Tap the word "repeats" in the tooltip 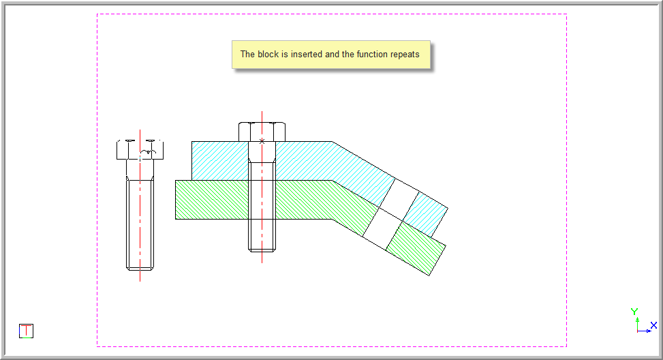405,55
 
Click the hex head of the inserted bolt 262,132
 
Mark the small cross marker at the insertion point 262,141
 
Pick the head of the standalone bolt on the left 140,149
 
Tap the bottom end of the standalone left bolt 140,268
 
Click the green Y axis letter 634,312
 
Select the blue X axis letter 653,325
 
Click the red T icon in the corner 26,331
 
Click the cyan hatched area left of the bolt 220,161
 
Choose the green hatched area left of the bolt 212,200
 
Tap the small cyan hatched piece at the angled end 425,214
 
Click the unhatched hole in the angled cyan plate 399,200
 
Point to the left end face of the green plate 176,200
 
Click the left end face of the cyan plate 192,161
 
